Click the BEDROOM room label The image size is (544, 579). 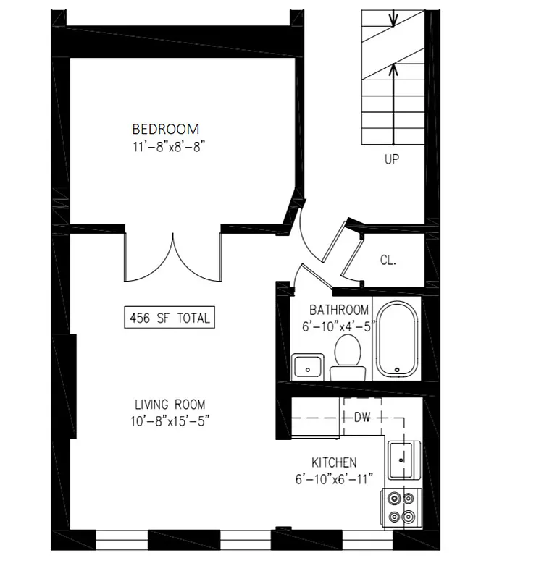pos(165,130)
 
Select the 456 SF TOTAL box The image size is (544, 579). pos(170,317)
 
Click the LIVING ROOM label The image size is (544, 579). pos(170,405)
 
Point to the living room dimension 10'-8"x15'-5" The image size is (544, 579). pos(170,420)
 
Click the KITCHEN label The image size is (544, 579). pos(334,462)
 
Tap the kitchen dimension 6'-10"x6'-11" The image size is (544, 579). pos(334,478)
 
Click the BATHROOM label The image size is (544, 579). pos(339,310)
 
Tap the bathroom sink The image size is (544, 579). pos(308,368)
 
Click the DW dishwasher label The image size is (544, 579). pos(363,418)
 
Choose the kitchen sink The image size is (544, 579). pos(401,458)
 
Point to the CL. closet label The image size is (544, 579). pos(388,261)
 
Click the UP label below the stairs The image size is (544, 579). pos(391,160)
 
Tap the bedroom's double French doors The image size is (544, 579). pos(172,257)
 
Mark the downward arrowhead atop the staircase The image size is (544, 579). pos(392,18)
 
